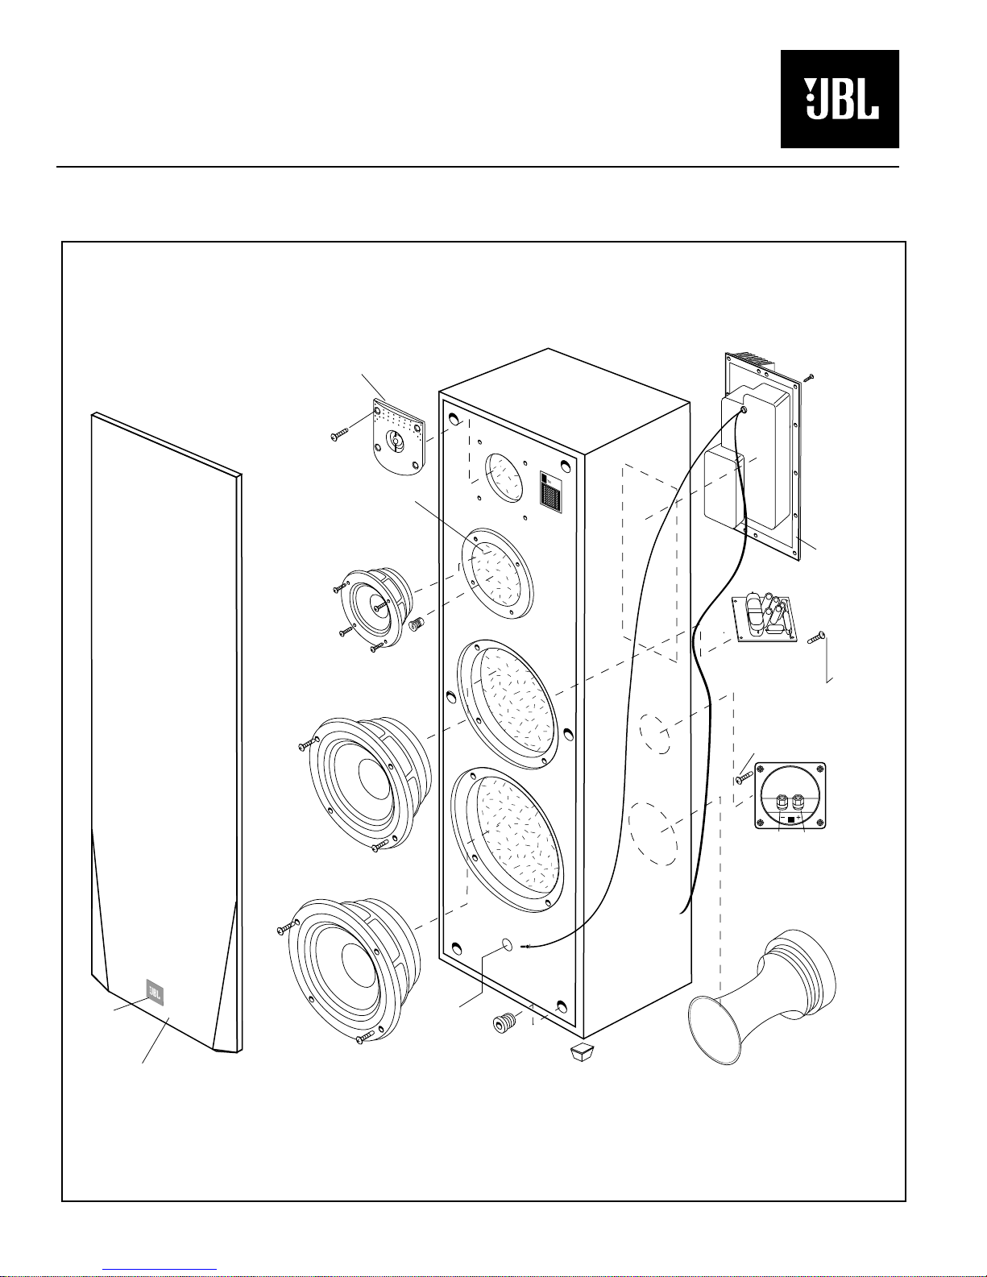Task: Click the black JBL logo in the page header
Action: coord(840,99)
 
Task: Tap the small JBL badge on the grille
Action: coord(155,993)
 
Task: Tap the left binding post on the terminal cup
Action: coord(781,803)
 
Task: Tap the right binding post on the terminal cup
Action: coord(800,802)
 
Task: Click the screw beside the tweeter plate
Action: coord(338,435)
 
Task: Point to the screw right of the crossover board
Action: coord(815,638)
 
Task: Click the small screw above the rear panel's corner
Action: coord(810,376)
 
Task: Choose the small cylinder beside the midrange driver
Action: coord(418,624)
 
